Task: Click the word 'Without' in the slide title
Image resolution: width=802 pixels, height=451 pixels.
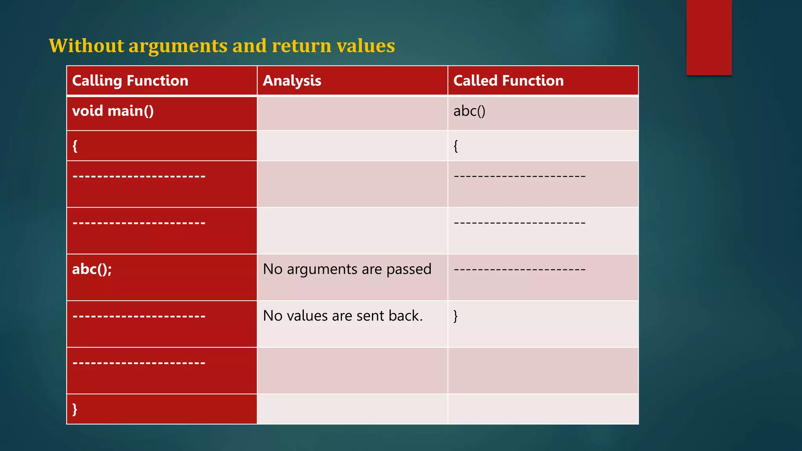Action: pyautogui.click(x=86, y=46)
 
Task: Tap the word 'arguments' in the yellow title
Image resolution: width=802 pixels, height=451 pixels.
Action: pyautogui.click(x=178, y=46)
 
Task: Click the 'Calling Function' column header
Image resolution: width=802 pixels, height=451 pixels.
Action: pyautogui.click(x=130, y=81)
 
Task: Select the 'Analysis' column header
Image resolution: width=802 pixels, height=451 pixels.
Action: pyautogui.click(x=292, y=81)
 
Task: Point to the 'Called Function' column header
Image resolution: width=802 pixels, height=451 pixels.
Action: pyautogui.click(x=508, y=81)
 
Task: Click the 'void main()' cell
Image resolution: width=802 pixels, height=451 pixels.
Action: pyautogui.click(x=113, y=111)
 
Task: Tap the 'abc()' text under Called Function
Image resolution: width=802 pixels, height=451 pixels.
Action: pyautogui.click(x=469, y=111)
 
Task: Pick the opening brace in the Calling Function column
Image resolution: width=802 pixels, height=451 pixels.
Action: pyautogui.click(x=75, y=146)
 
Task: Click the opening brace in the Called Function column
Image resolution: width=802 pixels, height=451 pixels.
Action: pyautogui.click(x=456, y=146)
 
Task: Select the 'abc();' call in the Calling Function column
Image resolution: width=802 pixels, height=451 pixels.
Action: pyautogui.click(x=92, y=269)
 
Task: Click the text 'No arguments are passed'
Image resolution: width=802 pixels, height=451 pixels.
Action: pyautogui.click(x=347, y=269)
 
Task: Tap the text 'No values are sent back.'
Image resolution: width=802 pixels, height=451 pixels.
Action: pyautogui.click(x=343, y=316)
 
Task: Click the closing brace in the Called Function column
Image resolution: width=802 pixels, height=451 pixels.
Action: pyautogui.click(x=455, y=316)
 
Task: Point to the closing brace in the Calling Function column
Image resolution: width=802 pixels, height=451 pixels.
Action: pyautogui.click(x=75, y=409)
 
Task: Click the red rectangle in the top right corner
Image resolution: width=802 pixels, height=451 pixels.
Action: pyautogui.click(x=709, y=37)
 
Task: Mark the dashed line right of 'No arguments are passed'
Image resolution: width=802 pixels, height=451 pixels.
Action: pyautogui.click(x=519, y=269)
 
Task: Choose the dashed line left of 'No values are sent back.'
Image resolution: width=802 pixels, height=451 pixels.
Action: pyautogui.click(x=139, y=316)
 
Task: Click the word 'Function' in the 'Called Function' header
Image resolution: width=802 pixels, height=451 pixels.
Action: pyautogui.click(x=533, y=81)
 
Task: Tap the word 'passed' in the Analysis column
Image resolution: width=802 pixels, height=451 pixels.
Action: pyautogui.click(x=409, y=269)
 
